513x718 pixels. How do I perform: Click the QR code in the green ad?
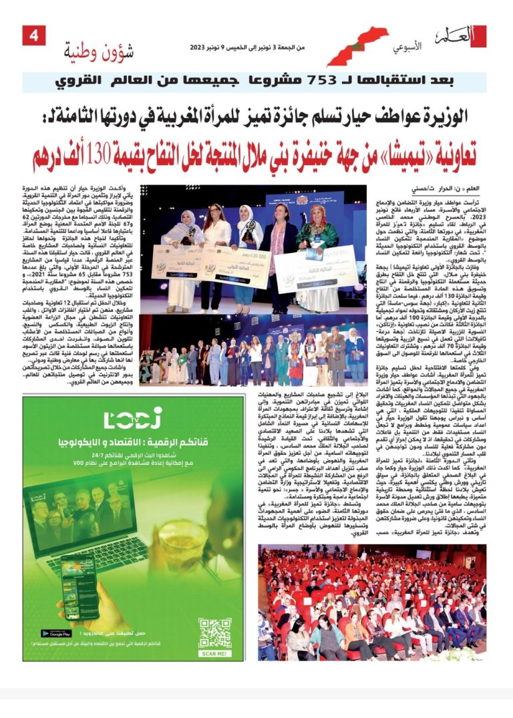coord(215,632)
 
